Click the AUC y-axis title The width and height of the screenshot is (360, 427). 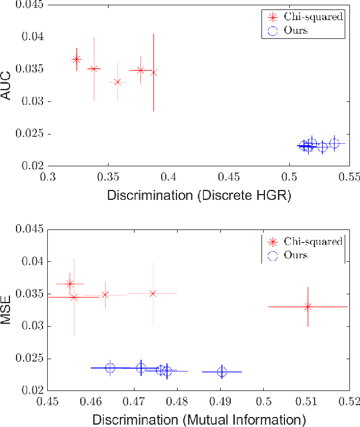tap(8, 86)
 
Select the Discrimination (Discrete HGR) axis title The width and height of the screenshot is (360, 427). tap(199, 195)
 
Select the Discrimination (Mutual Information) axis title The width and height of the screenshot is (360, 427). tap(198, 419)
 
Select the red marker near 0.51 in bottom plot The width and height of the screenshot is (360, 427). tap(307, 307)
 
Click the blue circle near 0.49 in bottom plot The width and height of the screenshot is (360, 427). tap(222, 372)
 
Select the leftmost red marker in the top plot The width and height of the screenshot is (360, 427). tap(77, 59)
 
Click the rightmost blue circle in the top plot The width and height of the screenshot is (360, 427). tap(334, 143)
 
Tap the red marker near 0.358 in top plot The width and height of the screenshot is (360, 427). tap(117, 81)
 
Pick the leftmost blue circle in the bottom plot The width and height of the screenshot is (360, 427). tap(110, 367)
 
